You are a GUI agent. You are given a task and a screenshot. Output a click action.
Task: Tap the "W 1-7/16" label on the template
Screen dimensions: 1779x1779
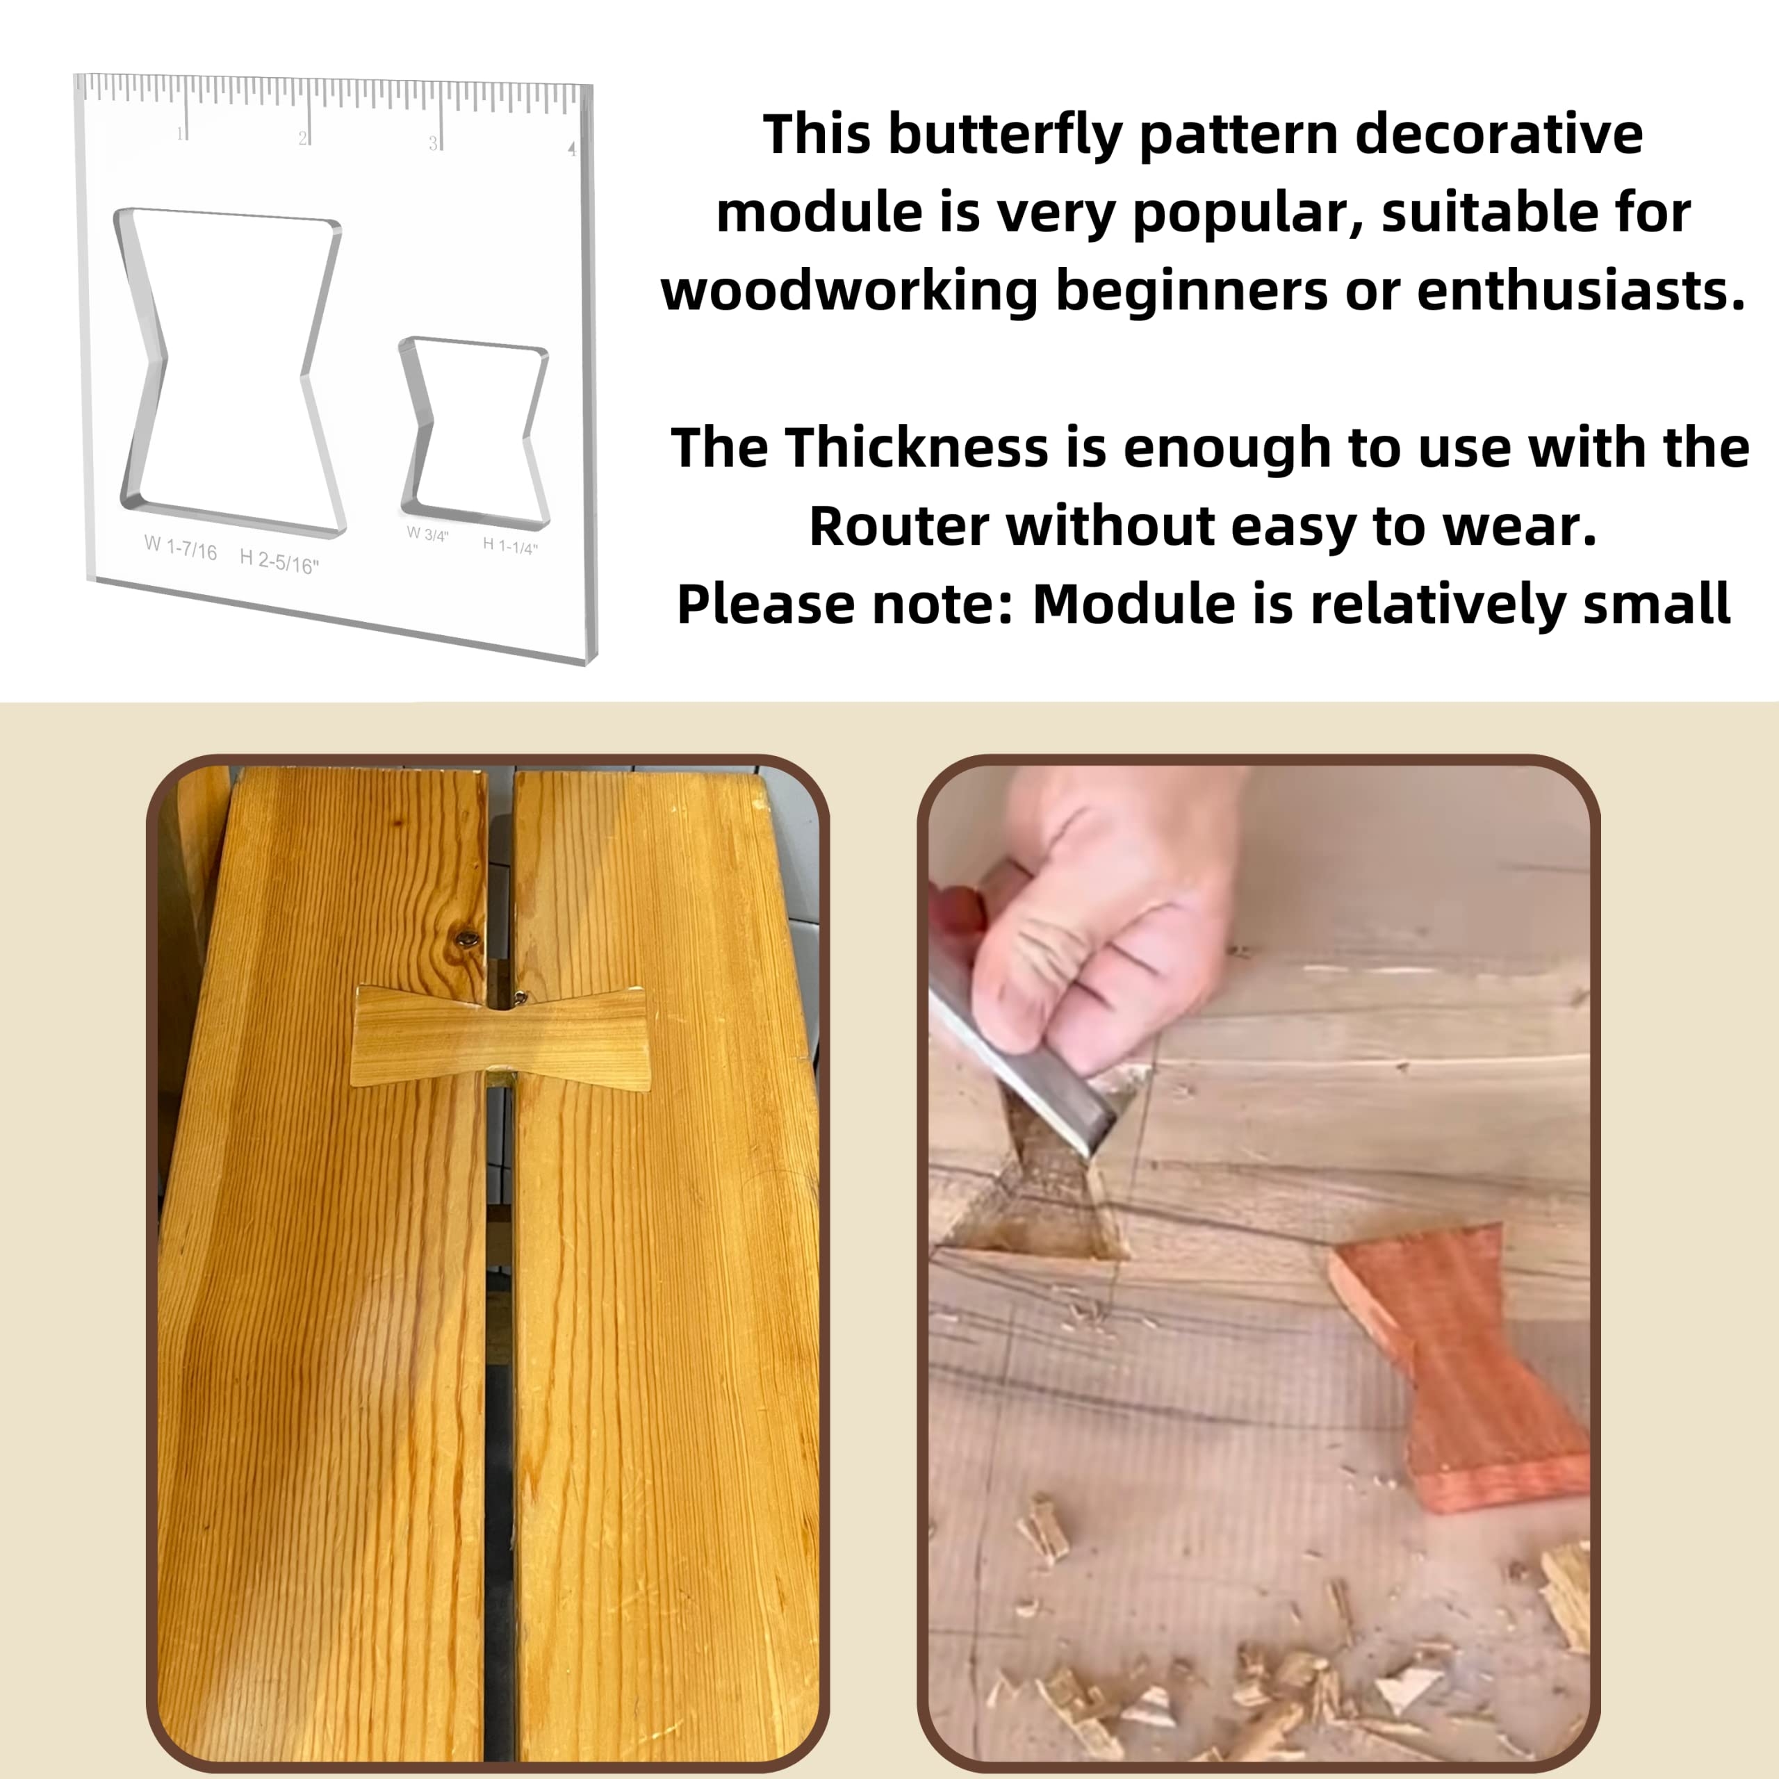[181, 549]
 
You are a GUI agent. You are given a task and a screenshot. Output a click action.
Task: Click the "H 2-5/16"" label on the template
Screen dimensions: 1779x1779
[279, 561]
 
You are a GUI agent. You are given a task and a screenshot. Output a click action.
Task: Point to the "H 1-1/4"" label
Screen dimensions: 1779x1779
[510, 546]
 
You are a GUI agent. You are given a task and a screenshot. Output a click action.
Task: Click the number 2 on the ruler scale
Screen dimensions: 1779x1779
[302, 139]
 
